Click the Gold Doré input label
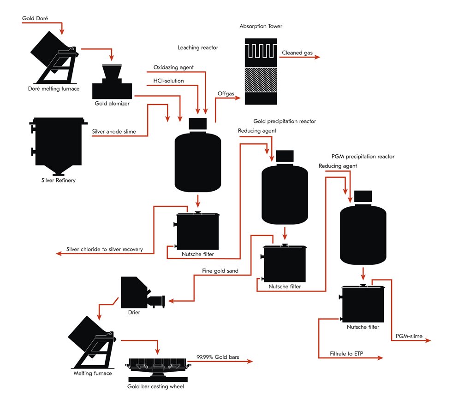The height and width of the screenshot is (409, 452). click(35, 18)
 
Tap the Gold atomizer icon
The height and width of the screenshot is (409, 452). click(112, 81)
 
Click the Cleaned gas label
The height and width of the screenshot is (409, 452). click(297, 53)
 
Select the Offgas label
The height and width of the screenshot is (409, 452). click(226, 93)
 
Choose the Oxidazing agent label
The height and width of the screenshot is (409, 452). click(173, 67)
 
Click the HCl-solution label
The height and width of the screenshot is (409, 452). click(168, 81)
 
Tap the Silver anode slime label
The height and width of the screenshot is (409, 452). click(114, 132)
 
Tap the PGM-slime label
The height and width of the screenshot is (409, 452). click(409, 336)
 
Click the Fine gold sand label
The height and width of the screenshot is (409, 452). click(220, 271)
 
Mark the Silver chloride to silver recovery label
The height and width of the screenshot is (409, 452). click(104, 249)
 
